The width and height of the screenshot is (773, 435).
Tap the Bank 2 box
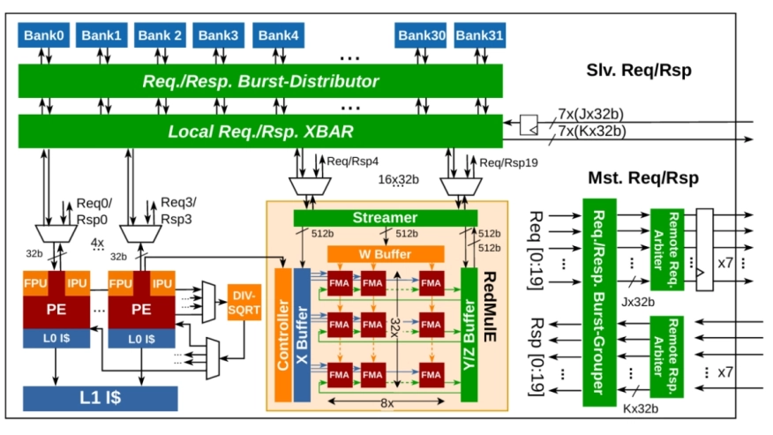pos(160,36)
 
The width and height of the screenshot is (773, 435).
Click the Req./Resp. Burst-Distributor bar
pos(260,81)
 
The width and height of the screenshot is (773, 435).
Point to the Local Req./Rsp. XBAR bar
pos(260,131)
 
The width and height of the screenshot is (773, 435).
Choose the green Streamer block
pos(385,218)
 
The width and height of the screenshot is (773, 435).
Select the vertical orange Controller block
pos(282,334)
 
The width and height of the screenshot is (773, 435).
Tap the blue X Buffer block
pos(302,334)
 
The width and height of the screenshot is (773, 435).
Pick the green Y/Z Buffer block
pos(469,334)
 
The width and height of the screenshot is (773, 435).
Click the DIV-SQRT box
pos(244,302)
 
